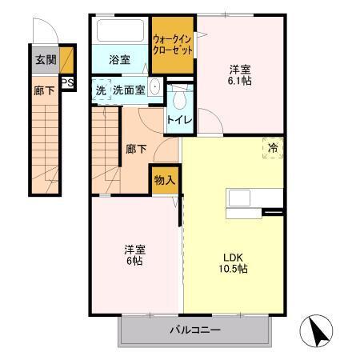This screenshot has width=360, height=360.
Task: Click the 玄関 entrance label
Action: [x=44, y=58]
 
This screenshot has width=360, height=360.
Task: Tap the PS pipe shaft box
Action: [x=68, y=81]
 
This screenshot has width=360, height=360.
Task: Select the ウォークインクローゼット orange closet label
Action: [x=173, y=43]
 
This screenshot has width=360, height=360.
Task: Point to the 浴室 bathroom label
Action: [x=119, y=59]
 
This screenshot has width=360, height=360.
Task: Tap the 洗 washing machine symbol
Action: [x=100, y=90]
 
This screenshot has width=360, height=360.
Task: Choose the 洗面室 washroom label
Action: [x=129, y=90]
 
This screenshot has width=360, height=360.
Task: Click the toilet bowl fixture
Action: [x=178, y=97]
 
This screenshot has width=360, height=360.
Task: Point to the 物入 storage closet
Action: [x=165, y=181]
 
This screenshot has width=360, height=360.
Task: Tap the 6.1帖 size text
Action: [x=239, y=81]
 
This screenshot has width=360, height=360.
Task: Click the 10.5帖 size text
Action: [x=234, y=269]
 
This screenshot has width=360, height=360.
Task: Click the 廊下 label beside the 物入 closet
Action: [x=136, y=148]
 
